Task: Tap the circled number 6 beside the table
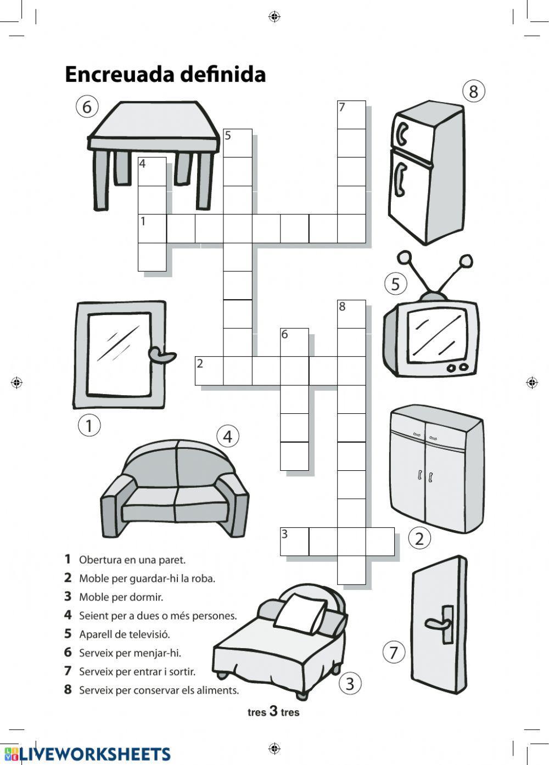87,106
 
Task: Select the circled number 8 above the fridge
474,91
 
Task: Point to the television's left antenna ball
405,257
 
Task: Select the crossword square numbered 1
152,228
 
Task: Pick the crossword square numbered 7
351,115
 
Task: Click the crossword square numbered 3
294,541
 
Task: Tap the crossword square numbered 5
238,143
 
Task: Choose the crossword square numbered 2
209,370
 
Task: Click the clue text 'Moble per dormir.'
121,597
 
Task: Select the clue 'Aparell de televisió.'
125,634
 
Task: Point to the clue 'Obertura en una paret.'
132,560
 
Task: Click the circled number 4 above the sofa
228,437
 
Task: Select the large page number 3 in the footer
273,712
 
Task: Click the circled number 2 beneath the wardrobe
419,538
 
